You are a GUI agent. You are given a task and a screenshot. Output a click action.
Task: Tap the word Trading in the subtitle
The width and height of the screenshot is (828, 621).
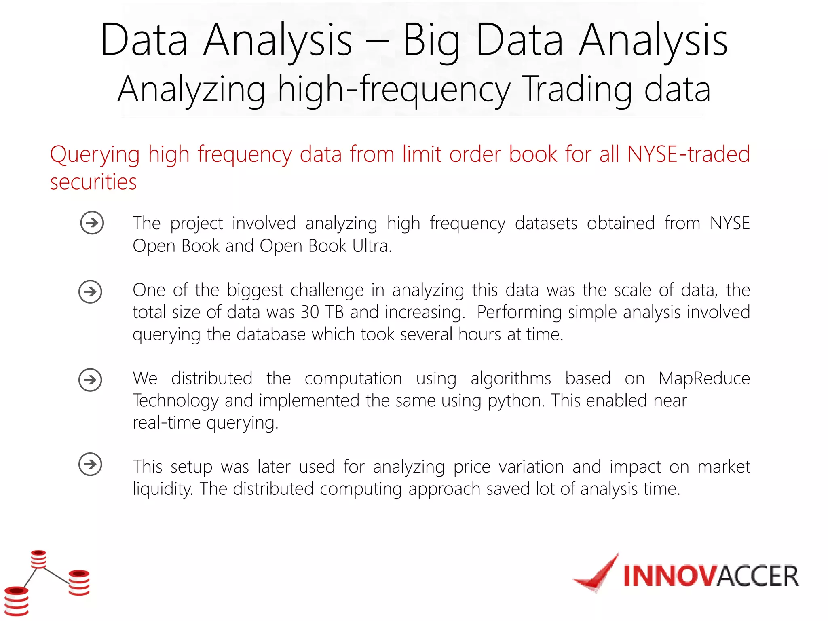click(577, 90)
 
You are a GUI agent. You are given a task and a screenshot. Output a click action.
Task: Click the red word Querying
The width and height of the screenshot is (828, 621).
click(95, 155)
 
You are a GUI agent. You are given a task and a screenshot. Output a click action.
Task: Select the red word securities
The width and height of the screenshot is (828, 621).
click(93, 182)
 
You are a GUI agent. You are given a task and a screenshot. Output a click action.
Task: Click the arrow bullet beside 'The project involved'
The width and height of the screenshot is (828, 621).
click(92, 223)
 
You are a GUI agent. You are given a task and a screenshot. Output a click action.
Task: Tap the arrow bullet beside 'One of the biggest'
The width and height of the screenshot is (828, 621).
click(90, 291)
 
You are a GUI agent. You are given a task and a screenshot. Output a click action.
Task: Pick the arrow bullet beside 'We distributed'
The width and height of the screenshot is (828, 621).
click(90, 380)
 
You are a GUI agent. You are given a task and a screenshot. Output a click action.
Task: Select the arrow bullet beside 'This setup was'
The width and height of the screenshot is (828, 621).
click(90, 464)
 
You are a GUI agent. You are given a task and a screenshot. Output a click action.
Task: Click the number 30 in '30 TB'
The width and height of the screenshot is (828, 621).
click(310, 313)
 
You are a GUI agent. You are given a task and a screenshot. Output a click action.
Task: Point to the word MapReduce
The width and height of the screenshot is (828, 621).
click(704, 379)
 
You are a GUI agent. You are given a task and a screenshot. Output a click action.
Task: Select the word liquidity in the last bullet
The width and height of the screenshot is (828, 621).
click(162, 489)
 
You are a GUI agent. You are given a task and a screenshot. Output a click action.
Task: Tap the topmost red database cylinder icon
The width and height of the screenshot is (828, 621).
click(39, 559)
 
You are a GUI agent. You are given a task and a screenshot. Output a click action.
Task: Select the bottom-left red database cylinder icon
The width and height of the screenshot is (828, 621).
click(17, 601)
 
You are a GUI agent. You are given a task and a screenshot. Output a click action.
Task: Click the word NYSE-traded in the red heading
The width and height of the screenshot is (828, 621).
click(688, 154)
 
